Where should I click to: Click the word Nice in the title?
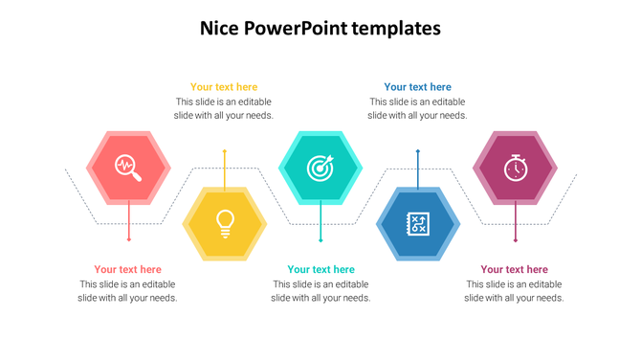(219, 29)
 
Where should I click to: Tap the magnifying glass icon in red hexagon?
(128, 168)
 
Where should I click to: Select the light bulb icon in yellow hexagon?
(225, 223)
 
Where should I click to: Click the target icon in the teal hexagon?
(320, 168)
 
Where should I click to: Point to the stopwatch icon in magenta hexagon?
(515, 168)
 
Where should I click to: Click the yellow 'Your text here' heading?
(224, 87)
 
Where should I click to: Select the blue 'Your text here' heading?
(417, 87)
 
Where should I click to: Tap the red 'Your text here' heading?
(127, 270)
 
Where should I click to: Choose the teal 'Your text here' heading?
(320, 270)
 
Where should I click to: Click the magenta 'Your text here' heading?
(514, 270)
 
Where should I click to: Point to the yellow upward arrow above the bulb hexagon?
(225, 168)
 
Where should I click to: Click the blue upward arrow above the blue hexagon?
(418, 168)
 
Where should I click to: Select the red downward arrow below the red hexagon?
(129, 222)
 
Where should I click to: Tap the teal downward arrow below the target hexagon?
(320, 223)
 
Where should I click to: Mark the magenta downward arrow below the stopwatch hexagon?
(516, 222)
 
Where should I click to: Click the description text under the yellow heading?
(224, 108)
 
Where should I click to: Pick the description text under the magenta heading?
(514, 291)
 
